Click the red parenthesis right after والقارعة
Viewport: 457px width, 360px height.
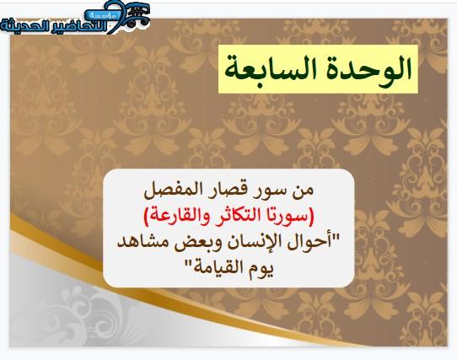click(x=148, y=217)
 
